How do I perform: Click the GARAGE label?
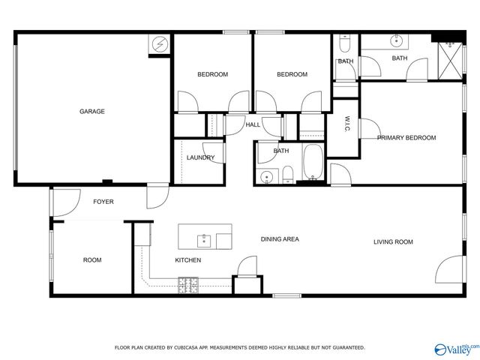[x=92, y=112]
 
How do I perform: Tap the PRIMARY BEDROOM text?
[x=406, y=138]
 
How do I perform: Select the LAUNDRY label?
[x=201, y=157]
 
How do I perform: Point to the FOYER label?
[x=103, y=202]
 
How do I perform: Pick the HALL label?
[x=253, y=124]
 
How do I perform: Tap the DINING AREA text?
[x=280, y=239]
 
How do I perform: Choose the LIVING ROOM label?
[x=394, y=241]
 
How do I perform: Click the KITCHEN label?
[x=187, y=260]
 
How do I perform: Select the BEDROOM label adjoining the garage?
[x=212, y=74]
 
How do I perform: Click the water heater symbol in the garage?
[x=160, y=44]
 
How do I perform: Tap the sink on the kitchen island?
[x=202, y=240]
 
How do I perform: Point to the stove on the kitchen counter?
[x=187, y=285]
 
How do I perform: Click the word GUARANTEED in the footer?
[x=346, y=347]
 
